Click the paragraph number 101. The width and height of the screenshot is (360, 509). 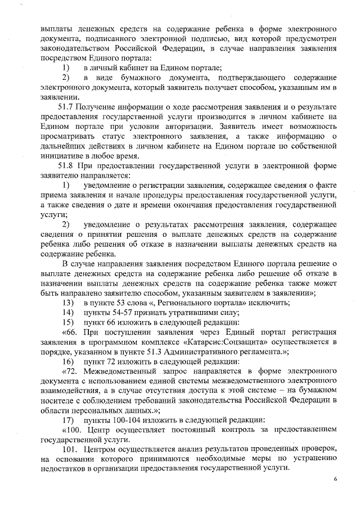click(x=69, y=449)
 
